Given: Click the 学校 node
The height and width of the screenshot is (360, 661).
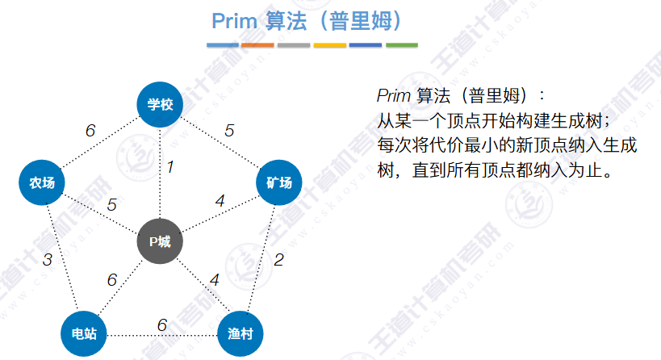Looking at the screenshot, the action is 161,104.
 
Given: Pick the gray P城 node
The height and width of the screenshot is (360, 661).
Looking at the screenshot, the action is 160,241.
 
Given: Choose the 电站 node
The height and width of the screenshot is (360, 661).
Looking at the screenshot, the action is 84,333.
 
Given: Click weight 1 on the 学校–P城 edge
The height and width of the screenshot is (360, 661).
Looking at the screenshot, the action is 170,167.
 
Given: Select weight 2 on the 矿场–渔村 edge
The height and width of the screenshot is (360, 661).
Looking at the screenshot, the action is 278,260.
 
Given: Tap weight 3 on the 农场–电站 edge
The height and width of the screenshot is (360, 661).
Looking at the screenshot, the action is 48,260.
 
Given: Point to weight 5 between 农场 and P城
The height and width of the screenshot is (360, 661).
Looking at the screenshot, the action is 111,205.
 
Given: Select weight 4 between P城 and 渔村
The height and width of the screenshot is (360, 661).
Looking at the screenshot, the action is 214,281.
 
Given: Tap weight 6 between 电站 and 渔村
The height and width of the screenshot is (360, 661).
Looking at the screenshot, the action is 162,324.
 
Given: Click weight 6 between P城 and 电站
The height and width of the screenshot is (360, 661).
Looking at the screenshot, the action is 112,280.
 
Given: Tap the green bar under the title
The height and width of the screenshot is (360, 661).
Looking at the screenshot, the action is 401,44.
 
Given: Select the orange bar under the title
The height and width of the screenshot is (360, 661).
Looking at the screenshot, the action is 257,44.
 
